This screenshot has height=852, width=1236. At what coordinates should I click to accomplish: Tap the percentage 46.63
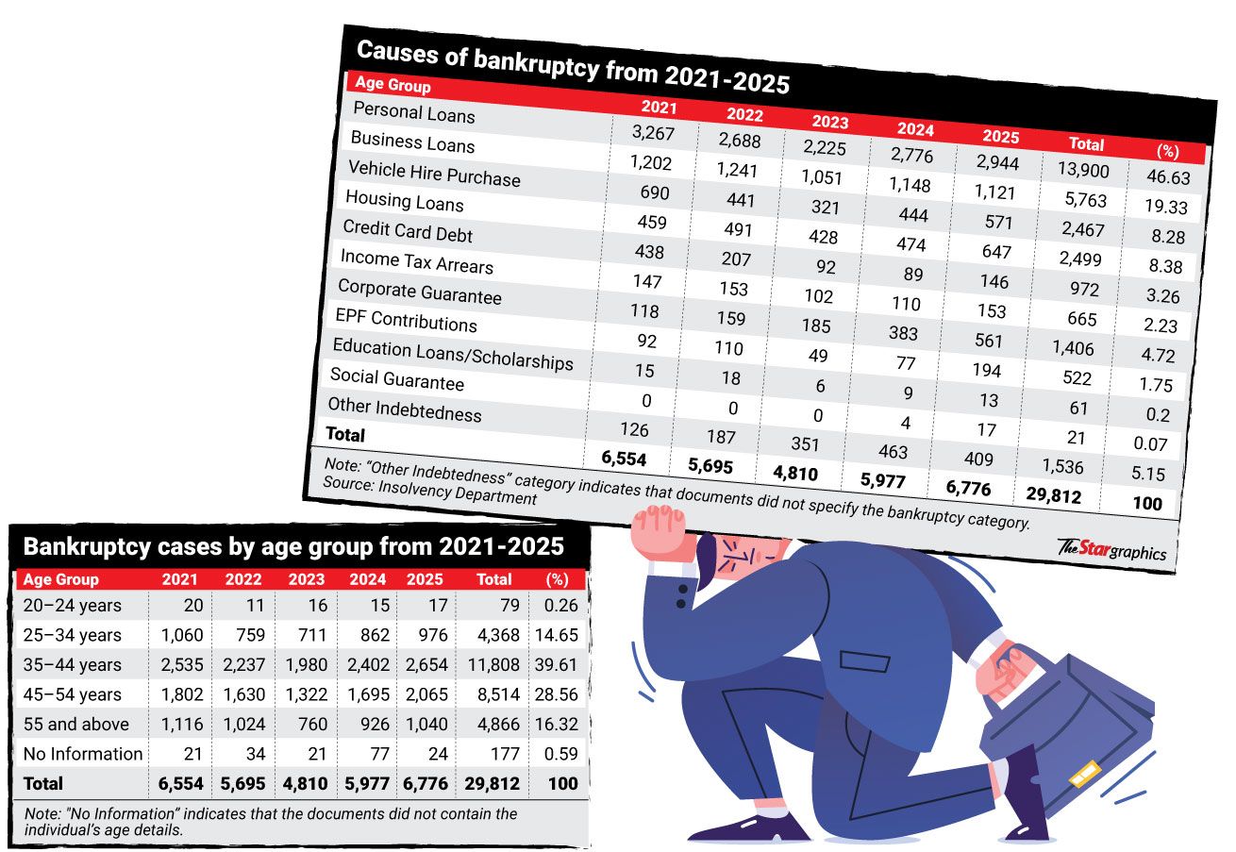(x=1166, y=177)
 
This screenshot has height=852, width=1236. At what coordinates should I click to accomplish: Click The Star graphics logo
(x=1111, y=549)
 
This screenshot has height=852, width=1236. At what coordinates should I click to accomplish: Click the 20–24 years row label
(x=72, y=605)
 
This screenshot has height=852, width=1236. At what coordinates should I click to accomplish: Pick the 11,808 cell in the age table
(x=494, y=665)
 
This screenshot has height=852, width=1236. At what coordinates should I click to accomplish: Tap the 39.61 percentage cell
(x=556, y=665)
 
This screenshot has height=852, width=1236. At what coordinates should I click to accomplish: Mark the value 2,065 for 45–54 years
(x=425, y=694)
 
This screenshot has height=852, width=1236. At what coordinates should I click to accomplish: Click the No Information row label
(x=82, y=753)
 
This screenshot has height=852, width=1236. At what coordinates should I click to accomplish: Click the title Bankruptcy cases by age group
(x=292, y=547)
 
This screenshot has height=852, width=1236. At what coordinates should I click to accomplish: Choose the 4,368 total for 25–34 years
(x=494, y=635)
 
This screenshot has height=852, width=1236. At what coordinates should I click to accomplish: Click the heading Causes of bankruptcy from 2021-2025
(x=573, y=67)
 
